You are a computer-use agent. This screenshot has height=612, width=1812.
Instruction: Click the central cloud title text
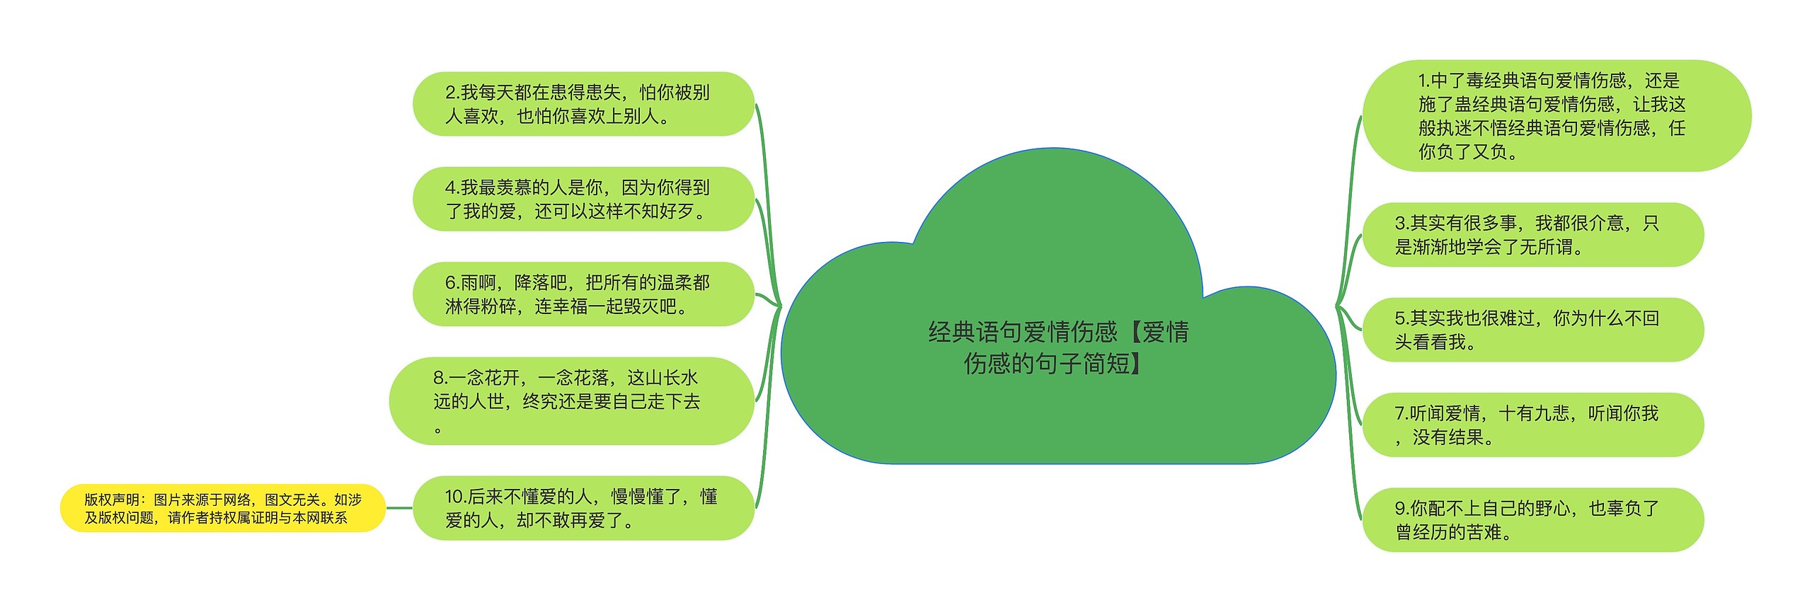1058,347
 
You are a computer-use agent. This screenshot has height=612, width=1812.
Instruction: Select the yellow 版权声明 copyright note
222,508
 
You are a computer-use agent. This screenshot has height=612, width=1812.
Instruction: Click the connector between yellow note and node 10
399,508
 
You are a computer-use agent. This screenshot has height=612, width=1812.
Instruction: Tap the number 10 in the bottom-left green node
454,497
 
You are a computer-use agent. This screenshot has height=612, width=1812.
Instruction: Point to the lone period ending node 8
438,429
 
